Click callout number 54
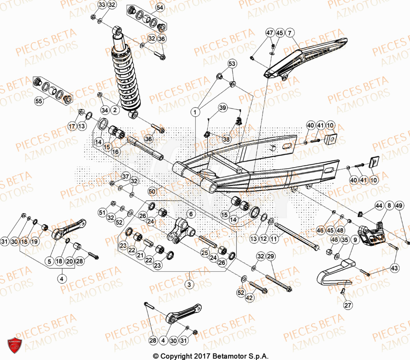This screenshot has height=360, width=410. point(159,8)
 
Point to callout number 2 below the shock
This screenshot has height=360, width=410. point(115,110)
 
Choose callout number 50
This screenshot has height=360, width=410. point(152,192)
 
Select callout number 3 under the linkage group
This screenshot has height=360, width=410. point(189,284)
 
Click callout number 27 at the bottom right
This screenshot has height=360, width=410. point(348,305)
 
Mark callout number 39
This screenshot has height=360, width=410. point(222,108)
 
